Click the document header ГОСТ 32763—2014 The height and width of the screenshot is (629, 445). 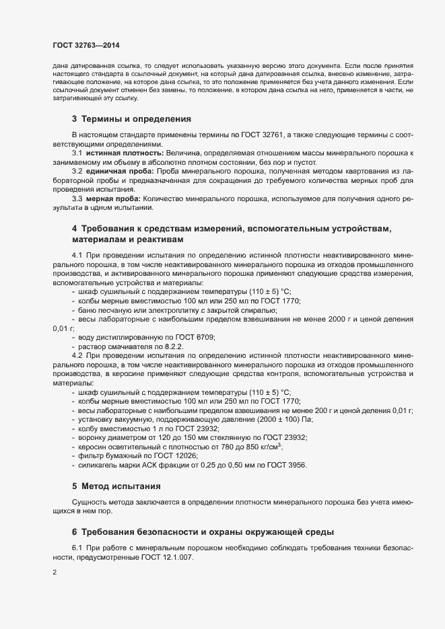pyautogui.click(x=87, y=44)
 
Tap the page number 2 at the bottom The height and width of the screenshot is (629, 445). pyautogui.click(x=54, y=572)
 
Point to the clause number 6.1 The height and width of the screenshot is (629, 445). pyautogui.click(x=77, y=548)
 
